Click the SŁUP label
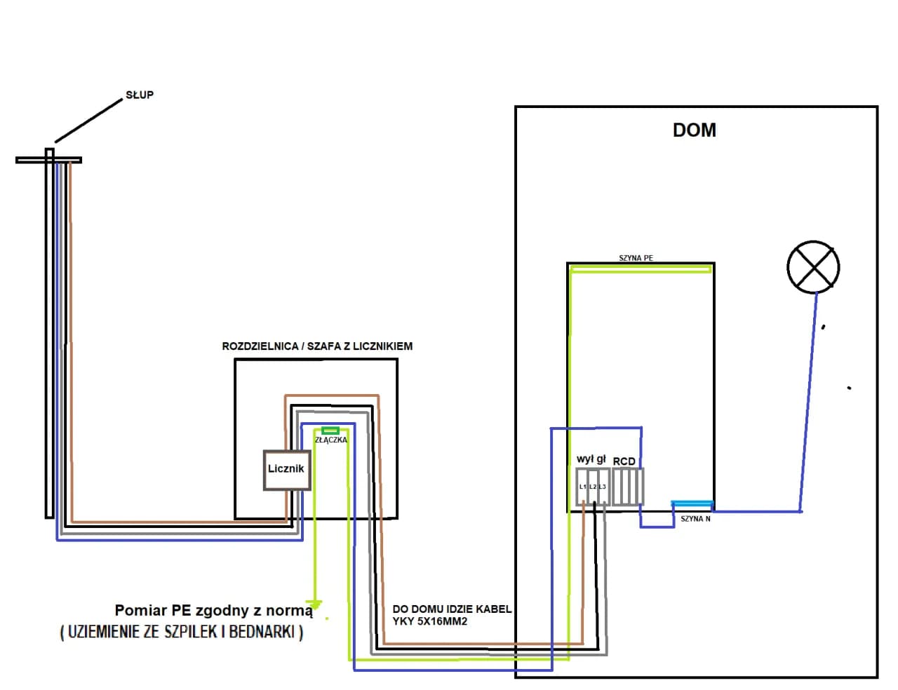(x=139, y=95)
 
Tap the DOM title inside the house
(x=694, y=130)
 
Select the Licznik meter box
(x=286, y=469)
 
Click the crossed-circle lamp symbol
(x=813, y=267)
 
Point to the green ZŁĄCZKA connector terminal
(x=330, y=431)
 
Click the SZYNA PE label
(x=636, y=258)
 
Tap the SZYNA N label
(x=695, y=519)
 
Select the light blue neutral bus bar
(x=692, y=503)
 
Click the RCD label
(x=624, y=461)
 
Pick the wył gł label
(x=591, y=459)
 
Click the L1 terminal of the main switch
(x=582, y=487)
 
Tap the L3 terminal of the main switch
(x=603, y=487)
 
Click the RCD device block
(x=627, y=487)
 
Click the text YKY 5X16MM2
(x=430, y=621)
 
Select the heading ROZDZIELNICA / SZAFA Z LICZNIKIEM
(x=317, y=346)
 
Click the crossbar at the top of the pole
(x=48, y=160)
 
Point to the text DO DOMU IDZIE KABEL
(x=452, y=609)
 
